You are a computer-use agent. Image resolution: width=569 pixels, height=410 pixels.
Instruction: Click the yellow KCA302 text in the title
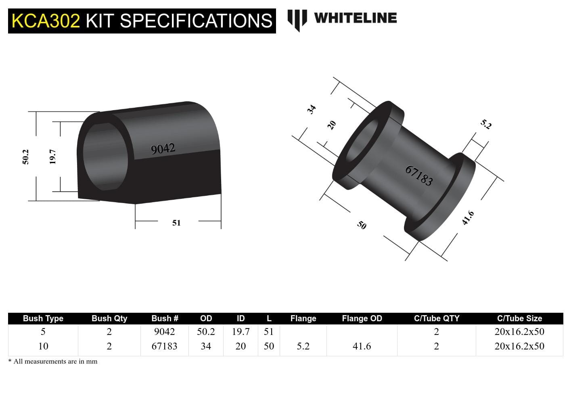(x=46, y=21)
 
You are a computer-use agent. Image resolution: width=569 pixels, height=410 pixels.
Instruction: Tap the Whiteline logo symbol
(x=297, y=19)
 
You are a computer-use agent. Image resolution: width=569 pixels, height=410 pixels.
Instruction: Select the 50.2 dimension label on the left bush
(x=25, y=157)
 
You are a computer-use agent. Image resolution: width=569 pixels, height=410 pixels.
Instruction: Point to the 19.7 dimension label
(x=52, y=157)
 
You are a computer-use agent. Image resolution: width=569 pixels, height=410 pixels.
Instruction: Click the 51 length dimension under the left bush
(x=176, y=223)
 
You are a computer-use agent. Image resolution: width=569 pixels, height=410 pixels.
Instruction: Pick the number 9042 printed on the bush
(x=163, y=149)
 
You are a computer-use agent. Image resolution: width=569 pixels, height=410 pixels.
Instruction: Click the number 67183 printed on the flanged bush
(x=419, y=176)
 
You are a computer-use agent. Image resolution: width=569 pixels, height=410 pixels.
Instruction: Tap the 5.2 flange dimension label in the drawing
(x=486, y=124)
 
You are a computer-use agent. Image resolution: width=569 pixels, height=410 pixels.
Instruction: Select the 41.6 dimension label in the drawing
(x=468, y=218)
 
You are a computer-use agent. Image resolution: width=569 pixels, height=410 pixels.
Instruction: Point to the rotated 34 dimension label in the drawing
(x=311, y=109)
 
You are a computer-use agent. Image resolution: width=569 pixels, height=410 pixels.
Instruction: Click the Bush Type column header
(x=43, y=318)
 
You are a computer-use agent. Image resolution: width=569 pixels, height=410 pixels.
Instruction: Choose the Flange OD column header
(x=362, y=318)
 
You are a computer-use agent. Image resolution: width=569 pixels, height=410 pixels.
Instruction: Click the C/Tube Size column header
(x=519, y=318)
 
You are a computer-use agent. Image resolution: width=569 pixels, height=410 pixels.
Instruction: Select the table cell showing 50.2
(x=206, y=332)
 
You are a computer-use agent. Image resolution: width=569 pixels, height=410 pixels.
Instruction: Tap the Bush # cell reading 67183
(x=164, y=346)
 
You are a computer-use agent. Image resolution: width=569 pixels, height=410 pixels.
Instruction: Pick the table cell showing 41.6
(x=362, y=346)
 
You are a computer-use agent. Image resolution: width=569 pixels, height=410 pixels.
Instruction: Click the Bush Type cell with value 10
(x=43, y=346)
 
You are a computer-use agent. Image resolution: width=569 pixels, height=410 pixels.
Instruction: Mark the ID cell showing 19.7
(x=241, y=332)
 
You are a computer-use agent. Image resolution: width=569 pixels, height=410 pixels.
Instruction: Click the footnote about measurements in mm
(x=53, y=362)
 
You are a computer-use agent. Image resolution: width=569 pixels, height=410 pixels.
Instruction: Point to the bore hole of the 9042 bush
(x=105, y=157)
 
